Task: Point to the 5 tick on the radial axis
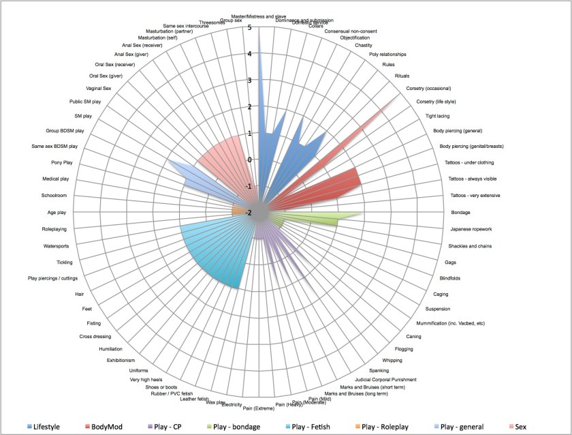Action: (251, 28)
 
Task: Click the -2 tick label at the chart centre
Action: (249, 213)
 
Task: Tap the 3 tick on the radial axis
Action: (251, 80)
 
